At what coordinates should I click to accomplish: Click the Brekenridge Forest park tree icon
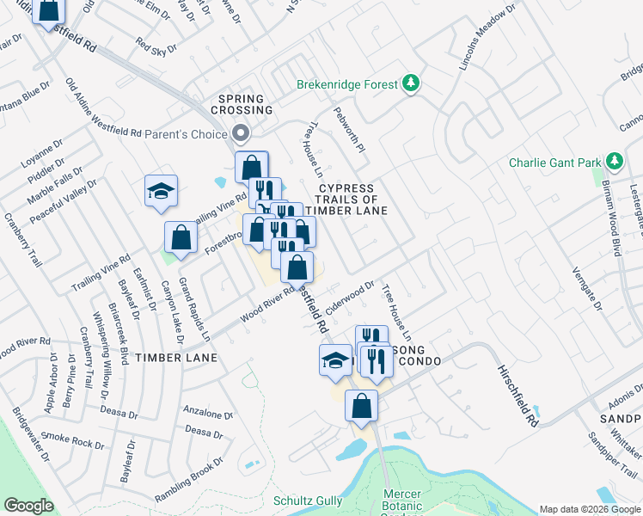coord(413,83)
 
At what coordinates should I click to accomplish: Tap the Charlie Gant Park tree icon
coord(614,162)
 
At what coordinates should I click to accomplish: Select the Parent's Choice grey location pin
coord(241,133)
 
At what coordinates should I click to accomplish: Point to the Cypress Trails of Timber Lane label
coord(346,199)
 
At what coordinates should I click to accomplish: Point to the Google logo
coord(28,506)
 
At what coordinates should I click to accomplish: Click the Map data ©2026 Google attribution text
coord(589,509)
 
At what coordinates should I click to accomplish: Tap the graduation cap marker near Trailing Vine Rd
coord(161,192)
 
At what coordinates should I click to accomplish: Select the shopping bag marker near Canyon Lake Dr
coord(181,238)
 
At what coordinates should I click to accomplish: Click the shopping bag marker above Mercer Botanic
coord(362,406)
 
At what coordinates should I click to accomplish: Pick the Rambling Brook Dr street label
coord(189,478)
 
